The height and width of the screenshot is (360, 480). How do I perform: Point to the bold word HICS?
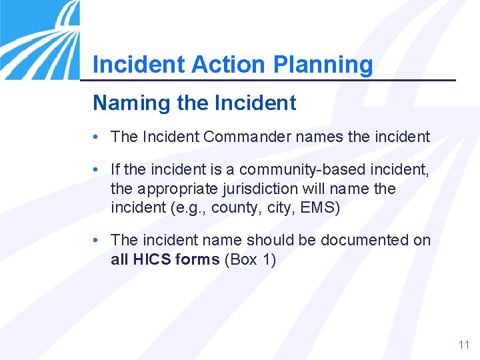click(151, 259)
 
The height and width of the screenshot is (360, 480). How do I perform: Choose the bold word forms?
click(197, 259)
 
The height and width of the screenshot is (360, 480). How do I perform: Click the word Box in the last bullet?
click(244, 259)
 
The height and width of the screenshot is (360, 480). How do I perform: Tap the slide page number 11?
click(464, 345)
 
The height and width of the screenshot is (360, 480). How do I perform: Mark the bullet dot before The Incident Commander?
click(97, 137)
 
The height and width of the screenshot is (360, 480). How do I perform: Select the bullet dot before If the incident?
click(97, 170)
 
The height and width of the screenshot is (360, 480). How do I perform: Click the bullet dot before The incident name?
click(97, 240)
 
